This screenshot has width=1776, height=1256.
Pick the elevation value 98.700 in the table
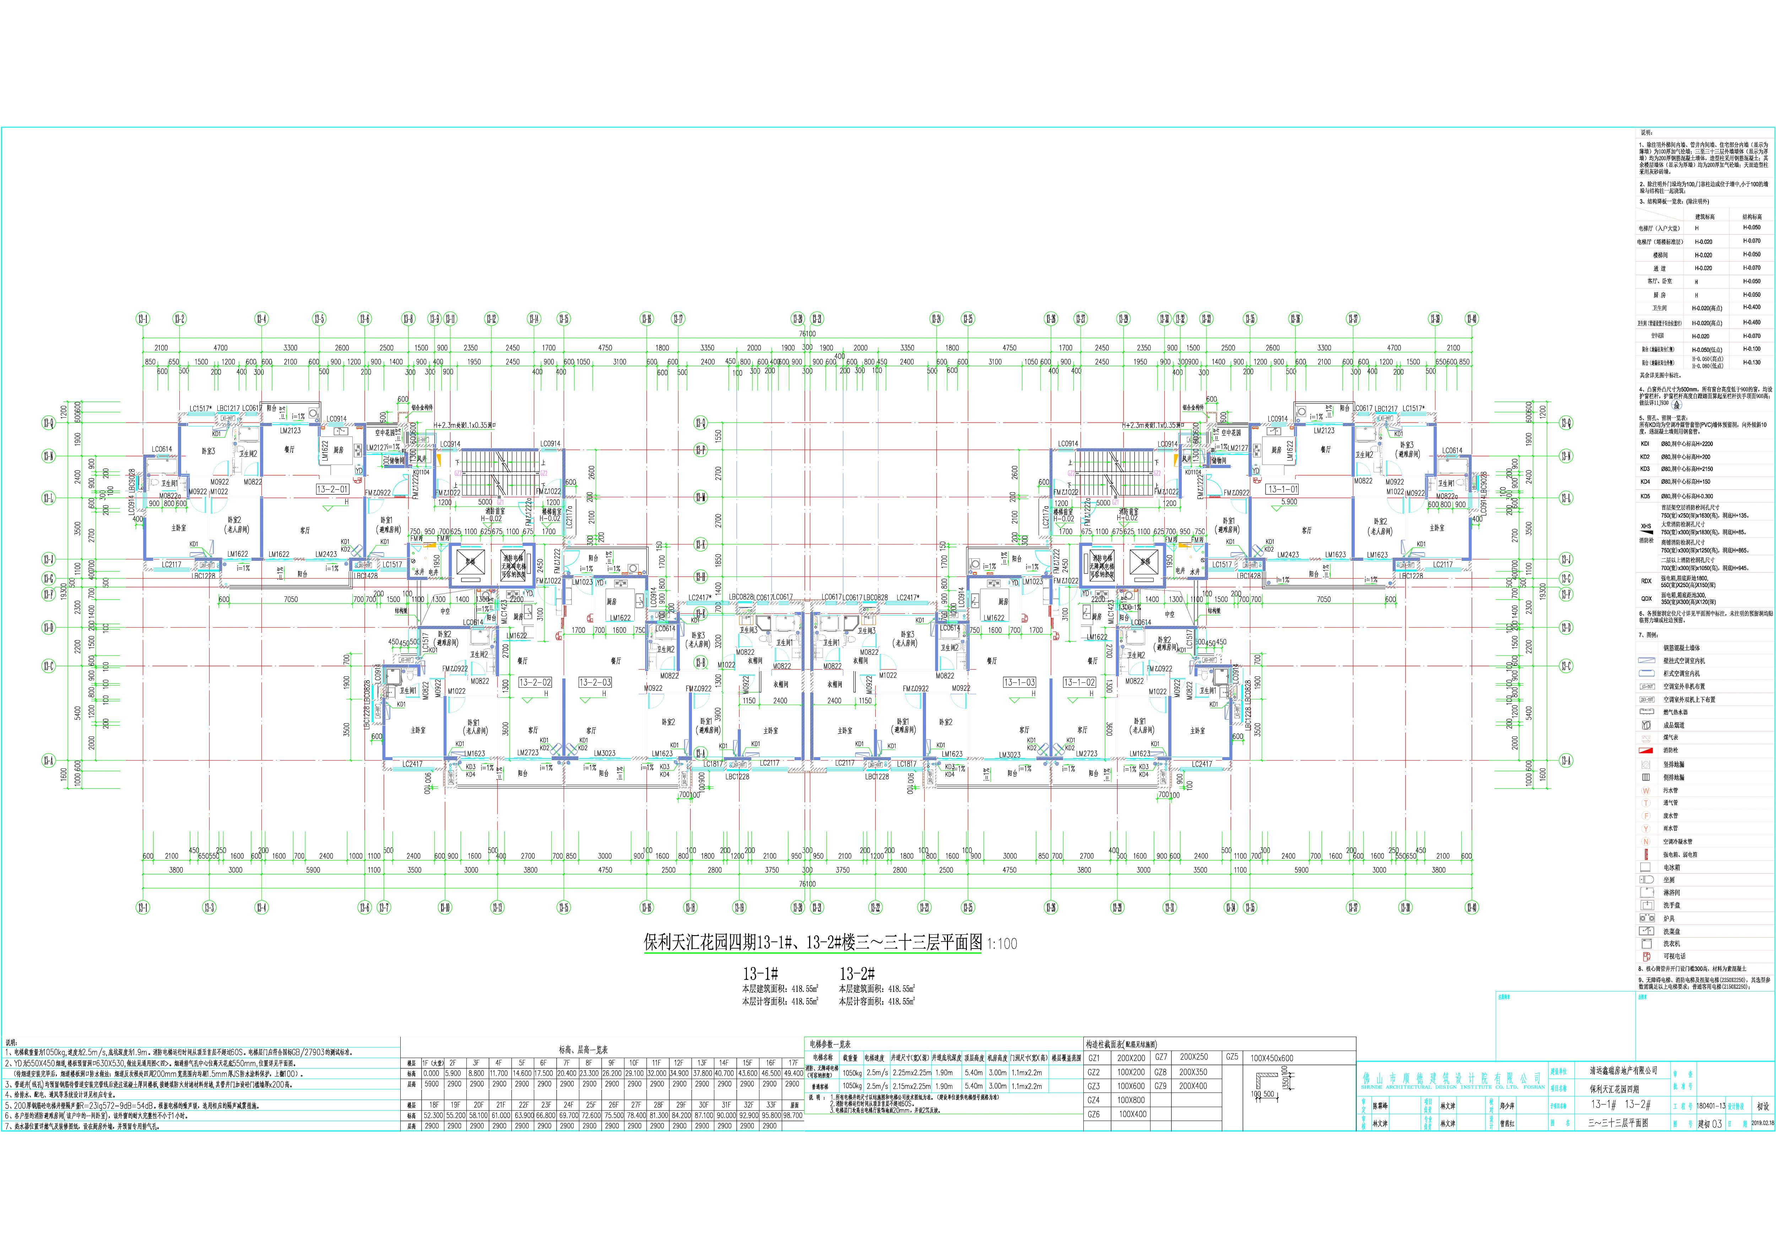point(793,1115)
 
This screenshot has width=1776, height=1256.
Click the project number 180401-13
point(1704,1107)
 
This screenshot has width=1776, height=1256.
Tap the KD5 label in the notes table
point(1645,496)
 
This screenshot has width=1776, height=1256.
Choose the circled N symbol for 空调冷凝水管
point(1646,841)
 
